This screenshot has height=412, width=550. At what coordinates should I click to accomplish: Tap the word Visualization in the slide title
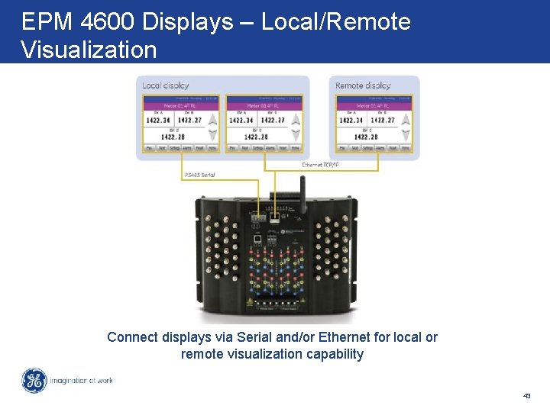89,50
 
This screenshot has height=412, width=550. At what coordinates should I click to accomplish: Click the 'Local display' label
166,85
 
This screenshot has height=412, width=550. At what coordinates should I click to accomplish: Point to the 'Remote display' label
363,85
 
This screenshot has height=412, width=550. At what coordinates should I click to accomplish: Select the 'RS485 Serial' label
200,175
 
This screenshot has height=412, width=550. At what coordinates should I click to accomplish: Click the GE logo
34,381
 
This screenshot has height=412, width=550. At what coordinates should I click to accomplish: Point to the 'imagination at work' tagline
82,380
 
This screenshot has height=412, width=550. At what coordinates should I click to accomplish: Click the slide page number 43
526,396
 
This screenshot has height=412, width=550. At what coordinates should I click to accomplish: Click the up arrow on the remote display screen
406,120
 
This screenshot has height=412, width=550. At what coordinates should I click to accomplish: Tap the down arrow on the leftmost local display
212,134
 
